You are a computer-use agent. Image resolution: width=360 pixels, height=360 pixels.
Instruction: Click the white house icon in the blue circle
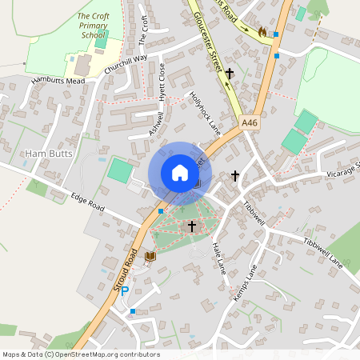click(x=180, y=173)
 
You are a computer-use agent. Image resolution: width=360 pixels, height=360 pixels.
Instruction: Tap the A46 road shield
click(x=250, y=122)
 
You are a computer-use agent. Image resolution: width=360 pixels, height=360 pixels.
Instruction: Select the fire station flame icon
click(x=261, y=32)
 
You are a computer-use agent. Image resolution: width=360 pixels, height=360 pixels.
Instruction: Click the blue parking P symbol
click(x=125, y=290)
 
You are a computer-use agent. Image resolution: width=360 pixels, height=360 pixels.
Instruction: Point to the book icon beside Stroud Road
click(x=150, y=256)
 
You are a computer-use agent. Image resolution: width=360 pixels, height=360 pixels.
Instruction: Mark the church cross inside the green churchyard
click(x=192, y=226)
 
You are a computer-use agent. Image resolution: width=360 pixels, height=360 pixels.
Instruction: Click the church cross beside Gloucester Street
click(x=230, y=74)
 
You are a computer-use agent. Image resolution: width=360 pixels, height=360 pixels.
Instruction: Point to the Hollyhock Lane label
click(x=204, y=110)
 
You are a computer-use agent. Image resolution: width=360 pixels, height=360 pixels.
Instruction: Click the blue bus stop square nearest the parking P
click(x=133, y=310)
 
